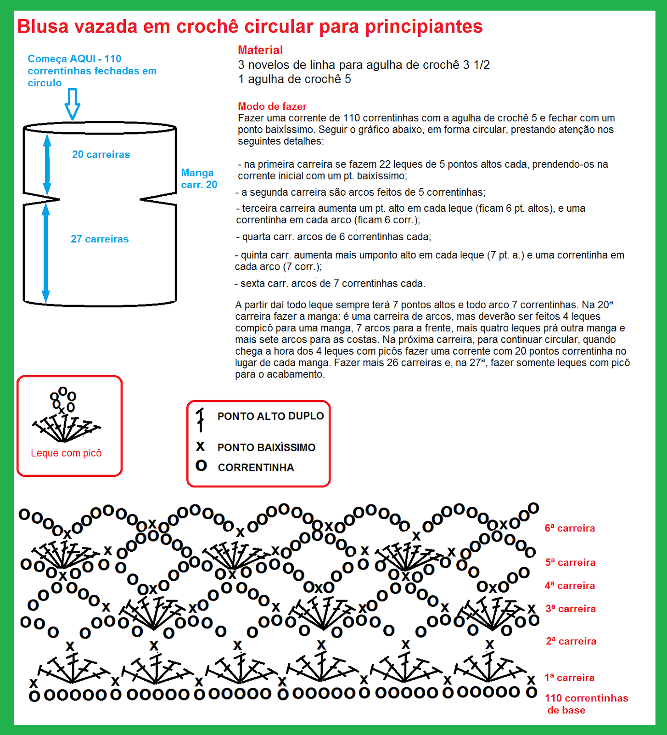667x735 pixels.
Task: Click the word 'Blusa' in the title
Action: point(43,27)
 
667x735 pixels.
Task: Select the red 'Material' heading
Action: point(260,50)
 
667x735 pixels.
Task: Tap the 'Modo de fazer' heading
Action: point(272,107)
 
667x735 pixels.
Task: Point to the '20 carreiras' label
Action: point(101,155)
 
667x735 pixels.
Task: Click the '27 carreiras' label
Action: point(100,239)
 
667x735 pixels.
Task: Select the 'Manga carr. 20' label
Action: point(199,179)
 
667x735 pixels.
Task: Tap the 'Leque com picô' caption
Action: point(66,453)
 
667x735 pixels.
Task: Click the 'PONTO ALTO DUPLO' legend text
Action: point(270,416)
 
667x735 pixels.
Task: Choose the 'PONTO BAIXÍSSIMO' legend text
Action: point(266,447)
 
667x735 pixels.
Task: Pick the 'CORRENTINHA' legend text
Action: point(256,468)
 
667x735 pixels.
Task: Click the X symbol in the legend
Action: point(200,446)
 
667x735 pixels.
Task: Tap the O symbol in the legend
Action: point(201,466)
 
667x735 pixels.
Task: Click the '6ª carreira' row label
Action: point(570,528)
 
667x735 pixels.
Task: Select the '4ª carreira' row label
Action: point(570,586)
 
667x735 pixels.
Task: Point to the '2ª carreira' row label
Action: point(571,641)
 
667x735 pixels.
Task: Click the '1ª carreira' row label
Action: point(569,678)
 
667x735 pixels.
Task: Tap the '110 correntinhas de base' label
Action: point(586,704)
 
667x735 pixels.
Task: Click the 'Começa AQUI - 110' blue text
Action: point(74,59)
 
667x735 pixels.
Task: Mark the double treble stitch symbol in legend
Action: point(200,419)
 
